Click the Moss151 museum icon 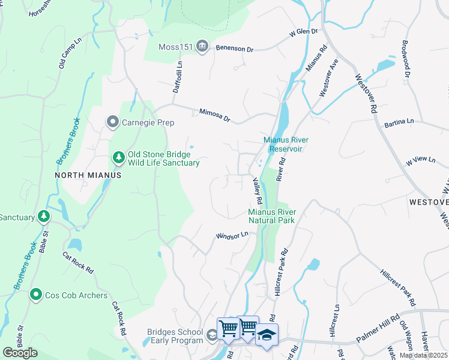tap(202, 47)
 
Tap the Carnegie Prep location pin tap(112, 122)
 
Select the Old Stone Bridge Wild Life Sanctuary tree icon tap(118, 158)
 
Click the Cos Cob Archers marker tap(37, 295)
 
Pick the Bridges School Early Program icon tap(211, 335)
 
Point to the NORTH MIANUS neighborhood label tap(88, 175)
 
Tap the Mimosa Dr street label tap(215, 115)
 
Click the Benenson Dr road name tap(236, 47)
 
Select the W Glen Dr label tap(303, 32)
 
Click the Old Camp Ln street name tap(70, 54)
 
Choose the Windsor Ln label tap(232, 236)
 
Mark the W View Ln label tap(420, 160)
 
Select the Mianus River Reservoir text tap(282, 144)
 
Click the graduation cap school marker tap(267, 334)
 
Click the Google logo tap(20, 353)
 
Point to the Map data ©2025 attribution tap(424, 355)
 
